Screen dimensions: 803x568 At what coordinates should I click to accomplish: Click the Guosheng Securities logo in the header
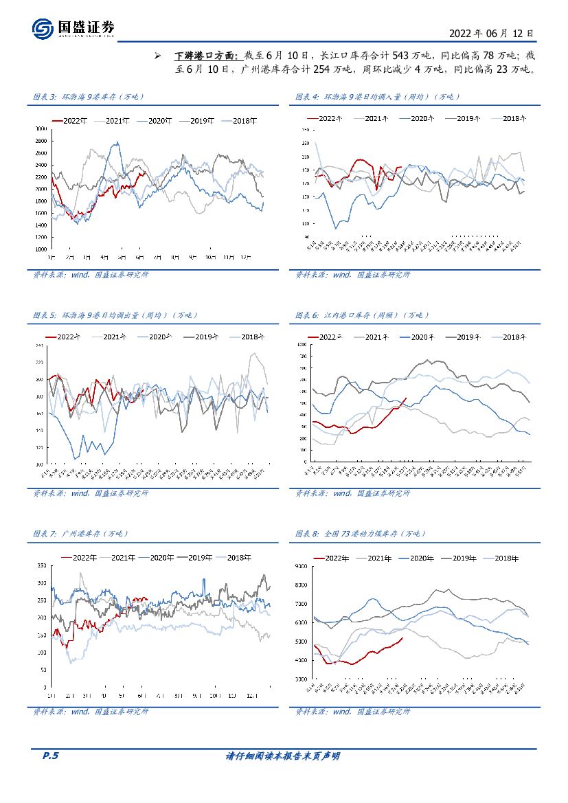coord(73,28)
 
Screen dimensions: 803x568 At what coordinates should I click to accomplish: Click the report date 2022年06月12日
coord(490,32)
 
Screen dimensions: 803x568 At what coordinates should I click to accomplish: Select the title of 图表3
coord(89,97)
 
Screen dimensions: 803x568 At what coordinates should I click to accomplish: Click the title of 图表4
coord(378,97)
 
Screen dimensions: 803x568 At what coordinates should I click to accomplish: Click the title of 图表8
coord(361,534)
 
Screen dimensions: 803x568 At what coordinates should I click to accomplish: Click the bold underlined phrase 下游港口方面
coord(205,55)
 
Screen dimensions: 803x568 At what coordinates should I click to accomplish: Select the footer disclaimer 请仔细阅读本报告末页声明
coord(283,756)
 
